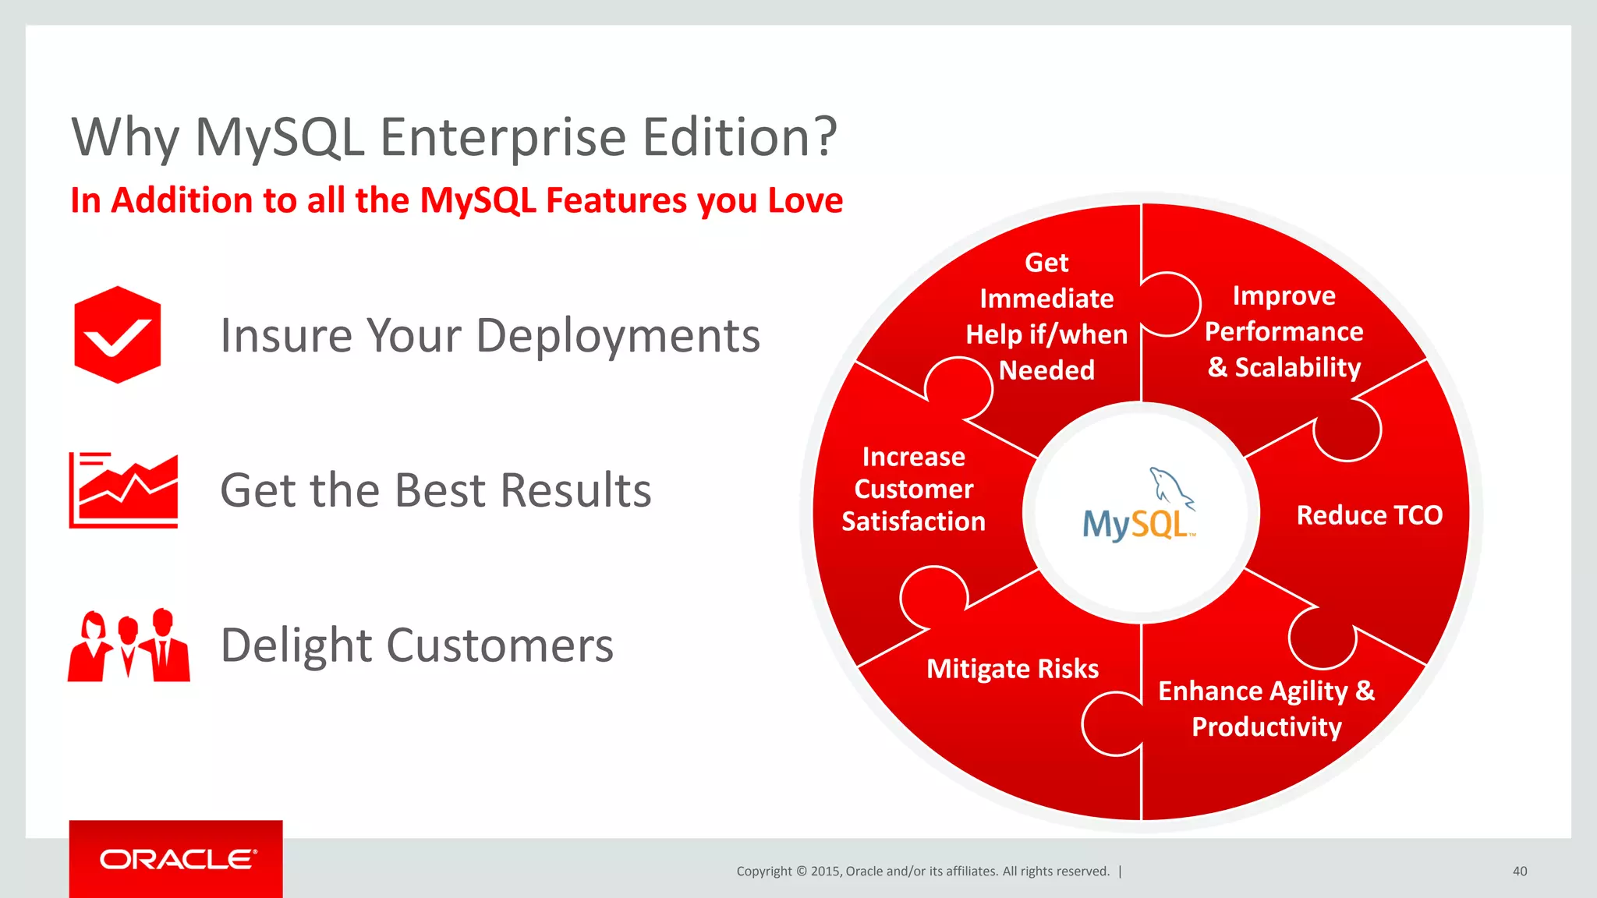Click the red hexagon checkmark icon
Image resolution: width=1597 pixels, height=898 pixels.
coord(117,334)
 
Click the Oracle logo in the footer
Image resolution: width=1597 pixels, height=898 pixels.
coord(176,859)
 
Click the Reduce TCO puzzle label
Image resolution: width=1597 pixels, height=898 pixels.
coord(1369,515)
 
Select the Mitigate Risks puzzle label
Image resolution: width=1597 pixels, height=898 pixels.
coord(1012,669)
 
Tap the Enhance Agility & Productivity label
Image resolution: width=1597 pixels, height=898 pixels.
coord(1266,709)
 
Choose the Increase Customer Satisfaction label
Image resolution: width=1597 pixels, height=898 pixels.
coord(913,489)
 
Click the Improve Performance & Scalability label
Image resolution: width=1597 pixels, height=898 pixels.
coord(1284,331)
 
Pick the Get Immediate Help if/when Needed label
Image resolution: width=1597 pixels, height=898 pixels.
coord(1046,316)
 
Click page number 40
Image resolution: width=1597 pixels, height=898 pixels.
coord(1519,871)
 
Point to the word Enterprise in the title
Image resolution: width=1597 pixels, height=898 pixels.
coord(503,138)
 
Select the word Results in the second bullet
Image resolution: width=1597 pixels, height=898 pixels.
coord(575,490)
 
